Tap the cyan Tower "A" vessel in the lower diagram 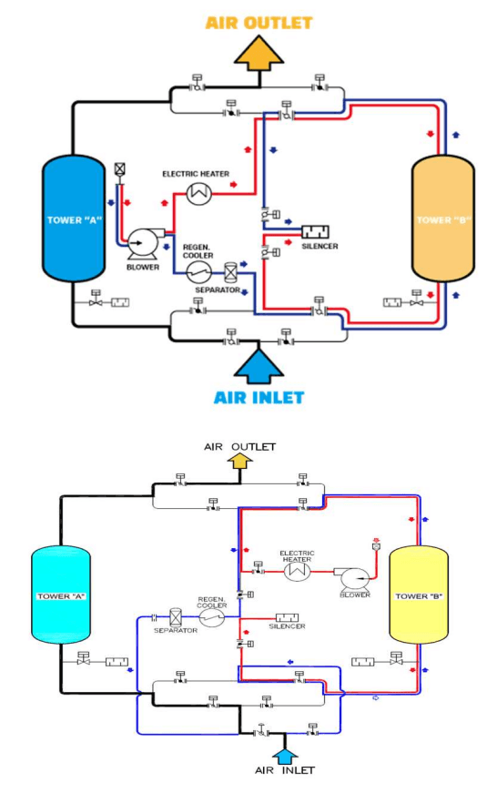point(61,595)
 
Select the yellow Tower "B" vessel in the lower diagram point(419,595)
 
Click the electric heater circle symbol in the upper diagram point(199,193)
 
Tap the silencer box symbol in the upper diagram point(316,231)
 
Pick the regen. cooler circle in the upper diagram point(198,273)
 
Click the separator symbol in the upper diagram point(230,272)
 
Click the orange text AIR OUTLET point(259,23)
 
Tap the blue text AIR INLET point(259,398)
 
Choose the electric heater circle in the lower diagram point(297,572)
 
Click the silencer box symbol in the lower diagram point(287,617)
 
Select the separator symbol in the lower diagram point(176,617)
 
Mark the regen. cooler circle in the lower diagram point(212,617)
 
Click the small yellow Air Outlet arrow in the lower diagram point(240,461)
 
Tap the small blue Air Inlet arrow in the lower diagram point(285,757)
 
